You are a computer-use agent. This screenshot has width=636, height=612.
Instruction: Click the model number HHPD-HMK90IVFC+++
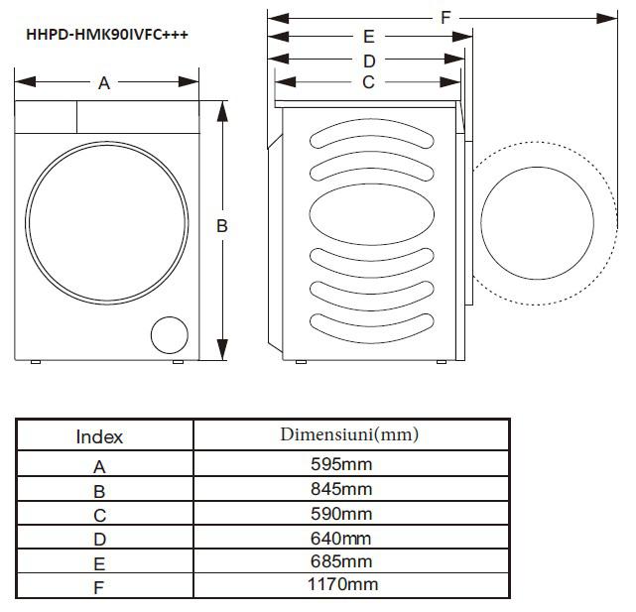pyautogui.click(x=107, y=34)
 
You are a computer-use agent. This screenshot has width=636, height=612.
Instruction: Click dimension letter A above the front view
pyautogui.click(x=104, y=84)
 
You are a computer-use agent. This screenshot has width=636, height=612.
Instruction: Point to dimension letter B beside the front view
pyautogui.click(x=222, y=226)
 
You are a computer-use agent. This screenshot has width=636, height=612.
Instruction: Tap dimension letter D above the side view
pyautogui.click(x=368, y=61)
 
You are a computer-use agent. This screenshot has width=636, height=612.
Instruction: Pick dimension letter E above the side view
pyautogui.click(x=368, y=38)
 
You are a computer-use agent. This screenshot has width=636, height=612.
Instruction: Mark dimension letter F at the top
pyautogui.click(x=446, y=17)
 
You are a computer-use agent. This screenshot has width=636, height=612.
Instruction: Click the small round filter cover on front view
pyautogui.click(x=168, y=335)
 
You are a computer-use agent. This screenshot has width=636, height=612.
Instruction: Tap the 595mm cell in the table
pyautogui.click(x=340, y=464)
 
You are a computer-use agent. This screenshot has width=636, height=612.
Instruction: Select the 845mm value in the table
pyautogui.click(x=340, y=489)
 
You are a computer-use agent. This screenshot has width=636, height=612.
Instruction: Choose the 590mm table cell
pyautogui.click(x=340, y=513)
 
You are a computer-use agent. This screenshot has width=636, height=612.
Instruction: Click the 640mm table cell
pyautogui.click(x=340, y=538)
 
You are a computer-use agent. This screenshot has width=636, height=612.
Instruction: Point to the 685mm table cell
pyautogui.click(x=340, y=561)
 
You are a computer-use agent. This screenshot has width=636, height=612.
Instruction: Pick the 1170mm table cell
pyautogui.click(x=342, y=585)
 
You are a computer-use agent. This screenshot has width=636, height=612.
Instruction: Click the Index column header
pyautogui.click(x=99, y=436)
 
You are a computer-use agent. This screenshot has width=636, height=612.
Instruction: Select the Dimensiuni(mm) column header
pyautogui.click(x=348, y=434)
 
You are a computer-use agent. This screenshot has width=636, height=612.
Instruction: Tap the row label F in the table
pyautogui.click(x=99, y=587)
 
